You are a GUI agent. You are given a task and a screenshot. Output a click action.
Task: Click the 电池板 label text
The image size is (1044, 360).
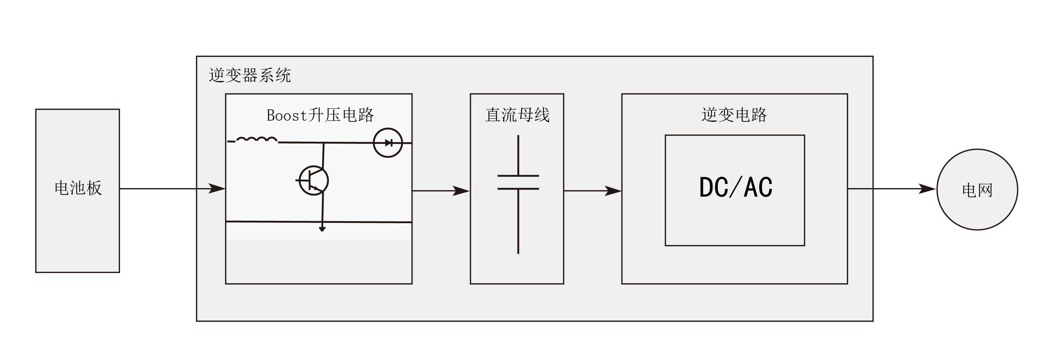pos(78,188)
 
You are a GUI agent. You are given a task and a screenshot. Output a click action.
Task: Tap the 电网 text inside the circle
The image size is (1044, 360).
pos(977,190)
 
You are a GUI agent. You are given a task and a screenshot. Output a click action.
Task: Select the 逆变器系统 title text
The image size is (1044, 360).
pos(250,75)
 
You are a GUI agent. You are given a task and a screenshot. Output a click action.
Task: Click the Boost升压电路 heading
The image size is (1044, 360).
pos(320,115)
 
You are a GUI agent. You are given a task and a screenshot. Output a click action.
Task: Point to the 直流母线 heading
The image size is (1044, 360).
pos(517,115)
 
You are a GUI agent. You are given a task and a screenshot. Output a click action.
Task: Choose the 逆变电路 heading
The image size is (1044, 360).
pos(734,115)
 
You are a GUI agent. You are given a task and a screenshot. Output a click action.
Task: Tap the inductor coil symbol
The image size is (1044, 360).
pos(257,140)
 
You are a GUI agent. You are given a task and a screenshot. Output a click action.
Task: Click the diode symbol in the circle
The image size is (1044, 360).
pos(388,143)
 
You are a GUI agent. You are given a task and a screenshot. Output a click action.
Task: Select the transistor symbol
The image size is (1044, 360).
pos(313,181)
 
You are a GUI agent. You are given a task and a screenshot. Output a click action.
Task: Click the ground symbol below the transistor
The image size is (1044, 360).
pos(322,229)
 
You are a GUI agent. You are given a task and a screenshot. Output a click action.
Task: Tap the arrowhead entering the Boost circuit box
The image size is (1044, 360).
pos(217,188)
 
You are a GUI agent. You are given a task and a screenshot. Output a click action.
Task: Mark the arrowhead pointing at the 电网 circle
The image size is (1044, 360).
pos(927,189)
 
